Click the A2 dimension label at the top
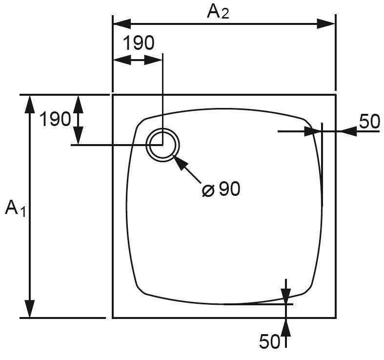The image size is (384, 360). (218, 11)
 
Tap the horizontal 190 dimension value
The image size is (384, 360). (138, 43)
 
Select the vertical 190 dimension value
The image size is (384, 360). (55, 119)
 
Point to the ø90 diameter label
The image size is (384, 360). (222, 189)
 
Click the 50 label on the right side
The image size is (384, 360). (369, 121)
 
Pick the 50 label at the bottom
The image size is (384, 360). (269, 341)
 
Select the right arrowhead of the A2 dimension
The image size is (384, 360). (326, 23)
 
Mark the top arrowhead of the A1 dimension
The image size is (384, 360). (30, 104)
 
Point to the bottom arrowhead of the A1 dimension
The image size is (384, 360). (30, 308)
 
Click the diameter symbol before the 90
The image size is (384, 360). (208, 190)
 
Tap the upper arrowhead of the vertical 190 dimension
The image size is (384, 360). (78, 104)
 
